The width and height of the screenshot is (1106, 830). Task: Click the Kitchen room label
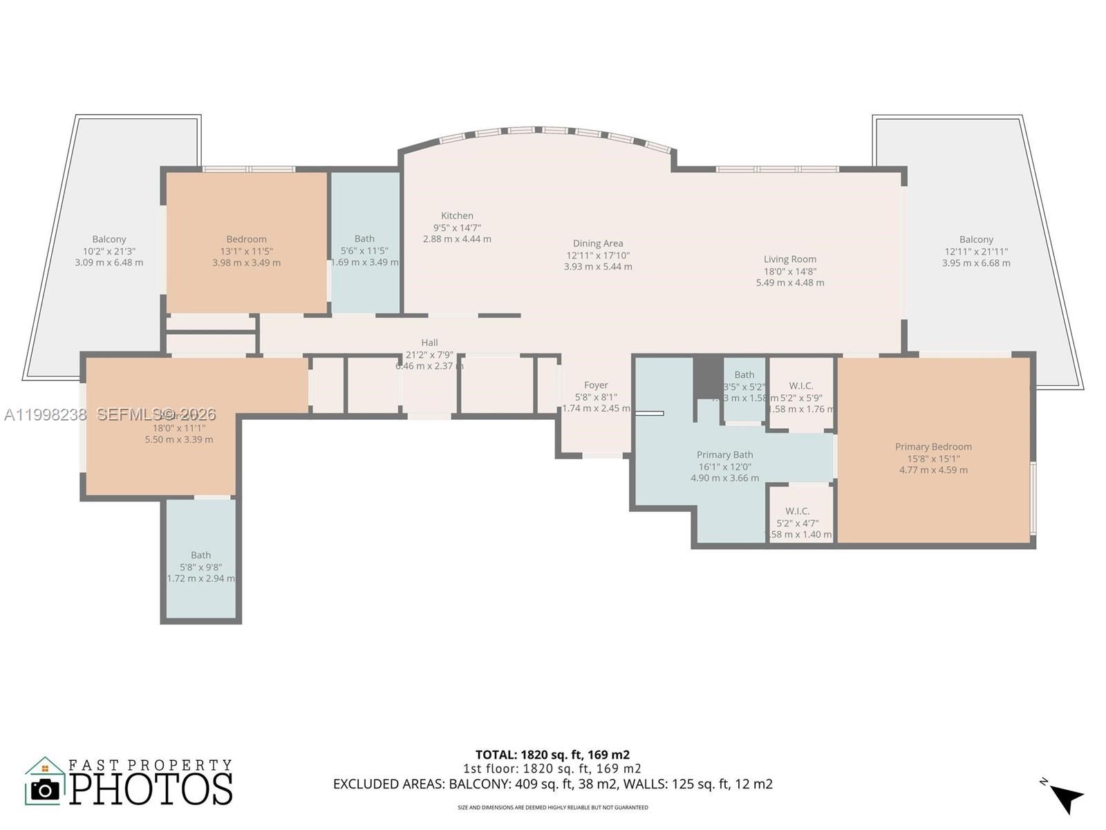(457, 216)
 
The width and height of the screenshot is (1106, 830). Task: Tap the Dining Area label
(597, 243)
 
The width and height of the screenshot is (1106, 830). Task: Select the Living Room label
(789, 259)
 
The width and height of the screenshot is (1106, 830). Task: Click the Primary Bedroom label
(933, 447)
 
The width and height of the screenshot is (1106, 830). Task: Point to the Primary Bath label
(724, 455)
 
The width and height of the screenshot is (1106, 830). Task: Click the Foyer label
(596, 385)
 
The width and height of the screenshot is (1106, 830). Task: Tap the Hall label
(429, 342)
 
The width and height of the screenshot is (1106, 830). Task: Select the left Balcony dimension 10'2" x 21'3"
(109, 251)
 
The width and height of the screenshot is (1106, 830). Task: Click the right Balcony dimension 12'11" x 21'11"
(976, 251)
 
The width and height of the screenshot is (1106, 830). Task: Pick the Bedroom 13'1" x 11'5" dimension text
(246, 251)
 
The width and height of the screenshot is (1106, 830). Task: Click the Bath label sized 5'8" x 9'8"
(200, 555)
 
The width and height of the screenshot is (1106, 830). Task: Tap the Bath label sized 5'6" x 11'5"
(364, 239)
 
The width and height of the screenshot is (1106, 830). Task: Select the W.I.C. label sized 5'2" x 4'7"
(797, 511)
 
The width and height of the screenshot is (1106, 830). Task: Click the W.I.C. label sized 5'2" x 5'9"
(800, 386)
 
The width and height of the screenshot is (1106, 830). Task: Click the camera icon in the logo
(46, 789)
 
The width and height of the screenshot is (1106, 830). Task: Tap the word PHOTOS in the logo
(151, 789)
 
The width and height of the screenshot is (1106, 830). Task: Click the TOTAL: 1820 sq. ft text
(552, 755)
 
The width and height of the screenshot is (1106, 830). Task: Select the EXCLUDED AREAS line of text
(552, 784)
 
